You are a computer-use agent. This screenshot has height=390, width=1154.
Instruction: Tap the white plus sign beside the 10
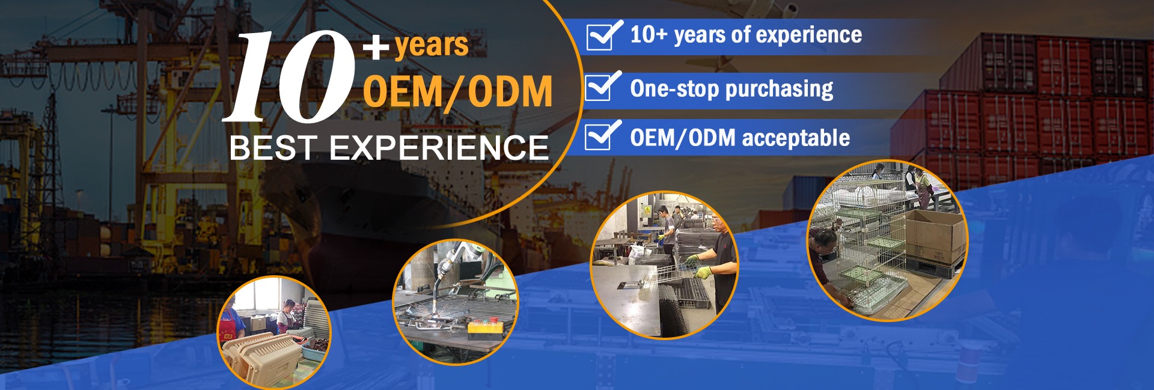pyautogui.click(x=376, y=47)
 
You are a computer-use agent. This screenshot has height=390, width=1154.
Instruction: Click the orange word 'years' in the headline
pyautogui.click(x=432, y=44)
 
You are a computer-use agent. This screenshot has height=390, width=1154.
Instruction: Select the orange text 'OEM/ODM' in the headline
pyautogui.click(x=457, y=91)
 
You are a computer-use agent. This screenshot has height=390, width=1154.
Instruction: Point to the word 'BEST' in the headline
pyautogui.click(x=273, y=148)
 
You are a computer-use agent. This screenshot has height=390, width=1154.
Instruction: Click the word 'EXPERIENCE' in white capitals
pyautogui.click(x=439, y=148)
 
